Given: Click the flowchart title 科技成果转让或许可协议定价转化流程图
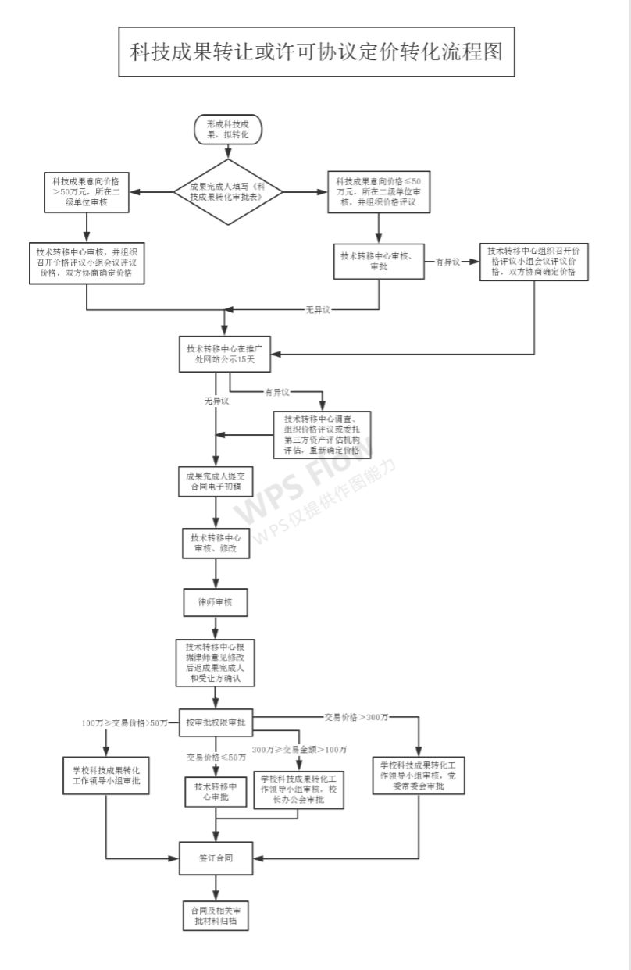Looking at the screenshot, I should (316, 52).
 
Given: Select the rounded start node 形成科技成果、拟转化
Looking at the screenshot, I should (227, 130).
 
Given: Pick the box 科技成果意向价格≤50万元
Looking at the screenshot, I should (379, 192).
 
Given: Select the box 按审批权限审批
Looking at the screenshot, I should (216, 722).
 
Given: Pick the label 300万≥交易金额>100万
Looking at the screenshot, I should (300, 750).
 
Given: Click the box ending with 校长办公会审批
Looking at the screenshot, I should (299, 790).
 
